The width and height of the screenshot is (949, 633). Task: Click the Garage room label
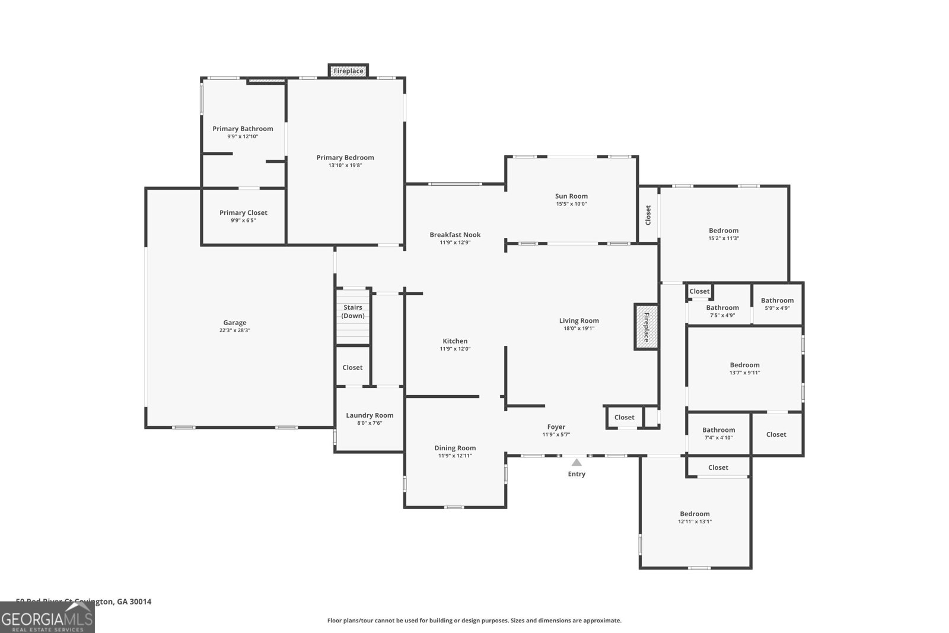point(235,323)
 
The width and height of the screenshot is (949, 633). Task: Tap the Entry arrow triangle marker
point(577,462)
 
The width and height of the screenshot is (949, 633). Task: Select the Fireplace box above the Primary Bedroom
point(348,71)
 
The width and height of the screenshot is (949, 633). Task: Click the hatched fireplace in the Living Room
point(646,327)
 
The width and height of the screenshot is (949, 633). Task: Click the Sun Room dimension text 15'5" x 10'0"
point(571,204)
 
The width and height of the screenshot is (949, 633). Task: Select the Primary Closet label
point(243,212)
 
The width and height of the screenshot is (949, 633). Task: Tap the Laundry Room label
point(370,415)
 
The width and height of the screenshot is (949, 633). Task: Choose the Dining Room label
point(455,448)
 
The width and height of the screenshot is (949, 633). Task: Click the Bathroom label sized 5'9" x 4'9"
point(777,300)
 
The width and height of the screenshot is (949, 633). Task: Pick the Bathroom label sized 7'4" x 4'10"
point(718,430)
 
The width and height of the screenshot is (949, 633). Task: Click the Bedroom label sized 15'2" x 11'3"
point(724,230)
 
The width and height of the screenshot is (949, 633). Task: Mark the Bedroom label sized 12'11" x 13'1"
point(695,514)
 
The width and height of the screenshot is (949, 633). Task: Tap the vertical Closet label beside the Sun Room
point(648,215)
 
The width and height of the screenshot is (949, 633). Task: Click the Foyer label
point(556,427)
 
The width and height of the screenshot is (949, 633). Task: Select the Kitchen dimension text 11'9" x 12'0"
point(455,349)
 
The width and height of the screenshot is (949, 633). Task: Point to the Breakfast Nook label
point(455,234)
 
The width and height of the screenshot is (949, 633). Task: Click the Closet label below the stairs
point(352,367)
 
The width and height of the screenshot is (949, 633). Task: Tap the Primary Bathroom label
point(243,128)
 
